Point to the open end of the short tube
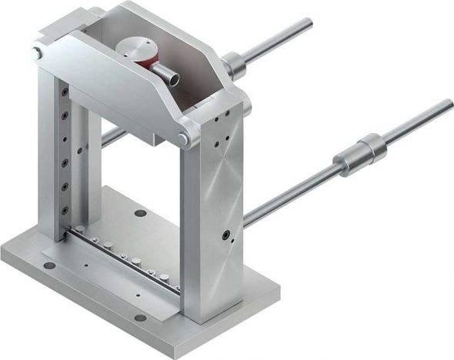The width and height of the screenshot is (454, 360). pos(175,78)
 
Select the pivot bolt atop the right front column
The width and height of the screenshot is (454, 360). pos(183,138)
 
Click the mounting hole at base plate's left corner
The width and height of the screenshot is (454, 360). pos(49,266)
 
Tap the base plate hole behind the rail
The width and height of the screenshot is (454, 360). pos(139,213)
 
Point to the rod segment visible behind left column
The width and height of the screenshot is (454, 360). pos(112,137)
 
